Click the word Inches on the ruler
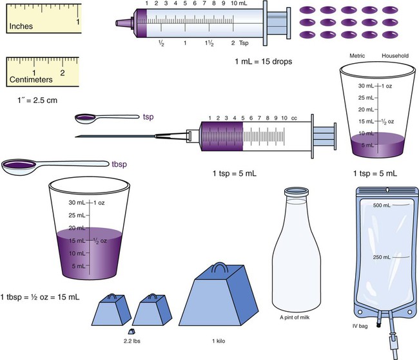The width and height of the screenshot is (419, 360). click(x=21, y=26)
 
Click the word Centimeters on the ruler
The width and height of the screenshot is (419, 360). click(x=31, y=80)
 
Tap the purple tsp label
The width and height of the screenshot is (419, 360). click(x=148, y=117)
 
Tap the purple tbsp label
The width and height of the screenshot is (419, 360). click(x=119, y=164)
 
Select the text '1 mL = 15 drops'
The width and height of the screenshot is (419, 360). click(x=264, y=62)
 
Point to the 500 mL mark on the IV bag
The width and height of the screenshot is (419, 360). click(x=382, y=205)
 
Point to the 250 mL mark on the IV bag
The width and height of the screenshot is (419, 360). click(x=382, y=257)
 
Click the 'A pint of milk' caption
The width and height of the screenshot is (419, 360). click(x=295, y=317)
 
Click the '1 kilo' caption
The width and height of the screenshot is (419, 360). click(x=219, y=341)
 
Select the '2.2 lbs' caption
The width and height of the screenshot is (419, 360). click(x=132, y=341)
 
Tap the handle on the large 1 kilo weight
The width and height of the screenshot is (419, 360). click(x=220, y=267)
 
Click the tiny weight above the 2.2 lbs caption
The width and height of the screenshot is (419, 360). click(x=132, y=332)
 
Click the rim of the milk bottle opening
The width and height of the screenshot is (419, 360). click(x=297, y=191)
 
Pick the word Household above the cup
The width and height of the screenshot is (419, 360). click(x=395, y=56)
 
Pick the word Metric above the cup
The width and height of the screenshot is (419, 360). click(x=357, y=56)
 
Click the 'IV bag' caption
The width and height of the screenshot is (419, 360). click(x=360, y=326)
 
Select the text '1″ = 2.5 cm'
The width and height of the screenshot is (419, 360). click(x=37, y=100)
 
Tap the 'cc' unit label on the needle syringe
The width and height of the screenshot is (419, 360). click(x=294, y=118)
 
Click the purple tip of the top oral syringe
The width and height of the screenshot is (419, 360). click(x=124, y=23)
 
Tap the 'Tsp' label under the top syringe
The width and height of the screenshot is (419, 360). click(x=244, y=43)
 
